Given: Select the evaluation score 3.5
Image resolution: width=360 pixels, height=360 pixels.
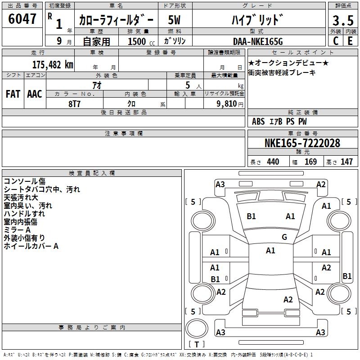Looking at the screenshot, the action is click(342, 20).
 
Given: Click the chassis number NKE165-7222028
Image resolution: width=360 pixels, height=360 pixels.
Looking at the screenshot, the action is click(302, 143).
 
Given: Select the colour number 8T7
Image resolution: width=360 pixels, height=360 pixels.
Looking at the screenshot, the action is click(75, 103).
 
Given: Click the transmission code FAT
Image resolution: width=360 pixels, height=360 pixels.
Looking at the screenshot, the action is click(13, 94).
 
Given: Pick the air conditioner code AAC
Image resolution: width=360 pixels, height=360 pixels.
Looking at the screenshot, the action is click(35, 94).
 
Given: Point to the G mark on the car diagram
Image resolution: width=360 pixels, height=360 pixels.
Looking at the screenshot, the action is click(284, 237).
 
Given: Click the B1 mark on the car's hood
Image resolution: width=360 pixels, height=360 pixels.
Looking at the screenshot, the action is click(251, 216).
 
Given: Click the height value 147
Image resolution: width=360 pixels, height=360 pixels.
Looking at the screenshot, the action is click(346, 162).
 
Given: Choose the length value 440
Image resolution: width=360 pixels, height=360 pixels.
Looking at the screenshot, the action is click(273, 162).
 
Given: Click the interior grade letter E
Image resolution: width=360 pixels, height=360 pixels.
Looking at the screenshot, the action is click(350, 40).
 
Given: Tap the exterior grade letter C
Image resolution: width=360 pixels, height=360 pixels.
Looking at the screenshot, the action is click(335, 40).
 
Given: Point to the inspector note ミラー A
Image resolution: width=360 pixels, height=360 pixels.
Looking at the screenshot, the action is click(18, 230).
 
